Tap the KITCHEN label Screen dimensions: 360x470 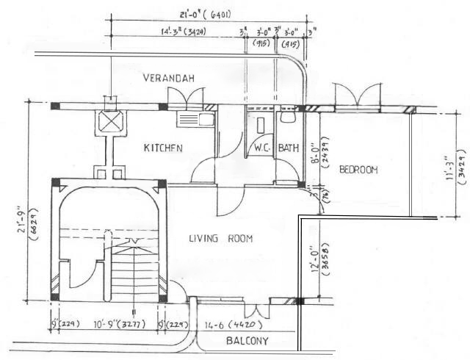[162, 148]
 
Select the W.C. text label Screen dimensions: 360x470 [262, 148]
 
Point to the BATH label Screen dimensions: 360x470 [289, 148]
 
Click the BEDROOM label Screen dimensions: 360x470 [358, 170]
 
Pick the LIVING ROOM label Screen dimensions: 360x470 [220, 238]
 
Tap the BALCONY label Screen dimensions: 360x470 [247, 341]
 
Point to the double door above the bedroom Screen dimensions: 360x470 [358, 96]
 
